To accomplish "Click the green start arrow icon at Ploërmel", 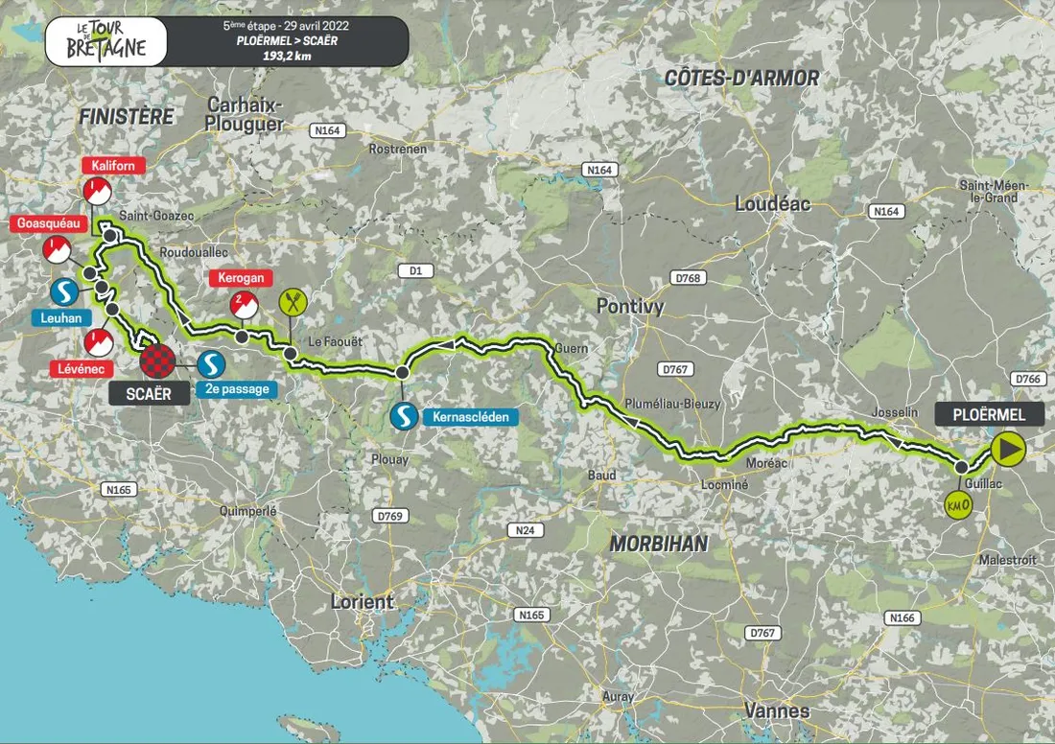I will click(1008, 447).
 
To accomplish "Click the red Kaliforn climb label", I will click(113, 165).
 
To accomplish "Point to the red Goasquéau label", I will click(49, 224).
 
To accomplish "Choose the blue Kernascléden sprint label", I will click(462, 417).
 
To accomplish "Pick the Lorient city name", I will click(362, 602).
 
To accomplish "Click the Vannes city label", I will click(776, 710).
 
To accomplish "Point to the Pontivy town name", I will click(630, 306).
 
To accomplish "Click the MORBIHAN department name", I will click(658, 544).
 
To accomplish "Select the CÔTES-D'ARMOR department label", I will click(742, 79).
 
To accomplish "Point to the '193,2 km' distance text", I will click(286, 56).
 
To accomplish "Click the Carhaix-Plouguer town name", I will click(244, 113).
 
